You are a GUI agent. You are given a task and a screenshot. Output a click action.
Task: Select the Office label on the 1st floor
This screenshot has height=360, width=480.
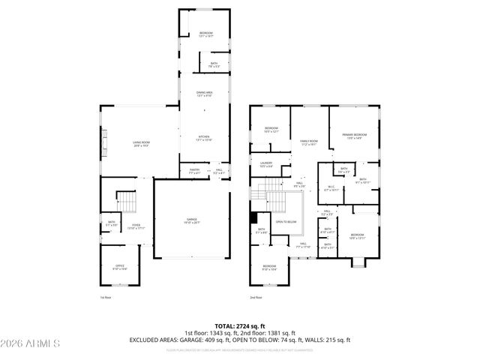click(x=121, y=266)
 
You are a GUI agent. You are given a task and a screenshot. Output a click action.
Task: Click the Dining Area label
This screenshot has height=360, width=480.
click(x=205, y=93)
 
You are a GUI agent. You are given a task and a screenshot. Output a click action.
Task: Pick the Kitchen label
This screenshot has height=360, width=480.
click(x=205, y=138)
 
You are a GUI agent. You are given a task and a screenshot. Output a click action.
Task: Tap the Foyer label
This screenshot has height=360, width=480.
click(x=135, y=226)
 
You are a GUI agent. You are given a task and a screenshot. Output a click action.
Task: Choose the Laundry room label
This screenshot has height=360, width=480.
click(x=265, y=163)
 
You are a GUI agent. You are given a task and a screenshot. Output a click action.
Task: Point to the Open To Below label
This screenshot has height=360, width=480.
click(x=285, y=222)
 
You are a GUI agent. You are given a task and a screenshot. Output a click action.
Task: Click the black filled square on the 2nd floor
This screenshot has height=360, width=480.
click(x=254, y=218)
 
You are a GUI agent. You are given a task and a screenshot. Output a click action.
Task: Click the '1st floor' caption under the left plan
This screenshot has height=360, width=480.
click(x=106, y=298)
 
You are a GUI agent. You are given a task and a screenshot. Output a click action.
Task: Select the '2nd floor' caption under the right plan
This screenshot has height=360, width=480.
click(x=256, y=298)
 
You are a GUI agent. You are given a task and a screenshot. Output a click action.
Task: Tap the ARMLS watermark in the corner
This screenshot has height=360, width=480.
click(x=31, y=343)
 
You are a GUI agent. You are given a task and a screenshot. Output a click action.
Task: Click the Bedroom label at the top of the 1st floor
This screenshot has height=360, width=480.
click(x=205, y=34)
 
